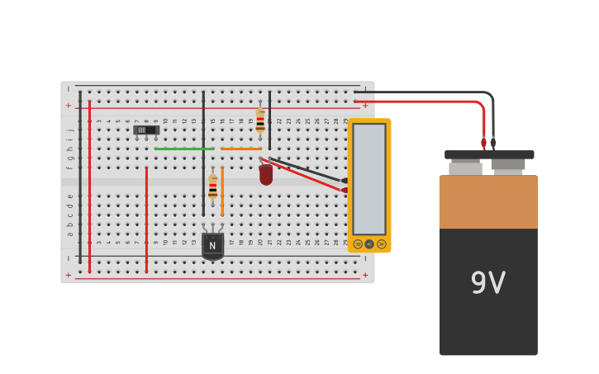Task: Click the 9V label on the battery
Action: pos(487,284)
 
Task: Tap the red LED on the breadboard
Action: pos(265,174)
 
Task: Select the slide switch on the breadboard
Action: pos(146,130)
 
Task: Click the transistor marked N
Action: pos(212,245)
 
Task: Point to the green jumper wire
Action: pos(183,149)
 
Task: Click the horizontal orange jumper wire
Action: pos(240,149)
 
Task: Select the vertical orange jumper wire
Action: pos(222,191)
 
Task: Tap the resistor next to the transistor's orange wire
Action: pos(212,187)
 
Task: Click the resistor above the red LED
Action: pos(260,121)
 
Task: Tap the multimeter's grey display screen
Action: pos(369,178)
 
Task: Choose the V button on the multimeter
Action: pos(369,244)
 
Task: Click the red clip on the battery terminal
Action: pos(484,143)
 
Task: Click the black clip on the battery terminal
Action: pos(493,142)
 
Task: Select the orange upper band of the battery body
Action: pos(488,201)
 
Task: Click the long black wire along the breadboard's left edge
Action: pos(80,178)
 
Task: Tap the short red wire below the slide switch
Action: pos(146,219)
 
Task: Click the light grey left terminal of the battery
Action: pos(465,168)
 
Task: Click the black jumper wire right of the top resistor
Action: pos(269,121)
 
